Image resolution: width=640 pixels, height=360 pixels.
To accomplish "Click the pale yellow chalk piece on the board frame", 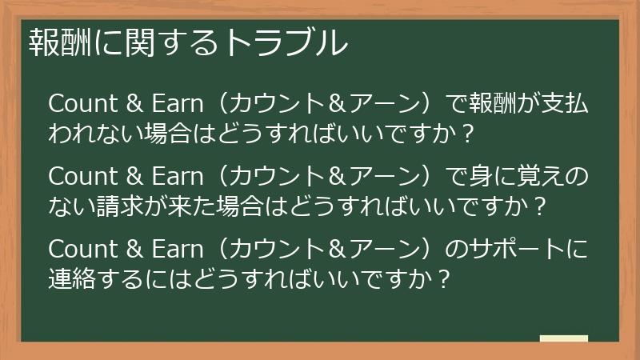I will pos(564,338).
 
